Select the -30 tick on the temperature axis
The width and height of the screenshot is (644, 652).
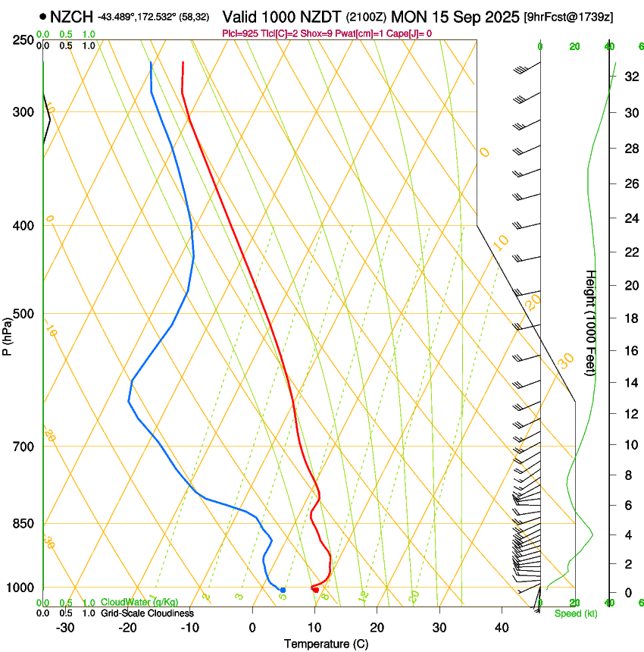point(65,628)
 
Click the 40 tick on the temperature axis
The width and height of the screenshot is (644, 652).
point(501,628)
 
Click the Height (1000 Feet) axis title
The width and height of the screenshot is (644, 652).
point(591,323)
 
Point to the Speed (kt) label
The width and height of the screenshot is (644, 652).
point(576,613)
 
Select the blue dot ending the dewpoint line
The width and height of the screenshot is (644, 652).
point(283,590)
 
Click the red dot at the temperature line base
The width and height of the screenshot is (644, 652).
point(315,589)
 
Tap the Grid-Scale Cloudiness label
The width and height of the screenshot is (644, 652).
point(148,613)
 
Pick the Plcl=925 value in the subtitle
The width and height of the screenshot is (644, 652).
point(242,33)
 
